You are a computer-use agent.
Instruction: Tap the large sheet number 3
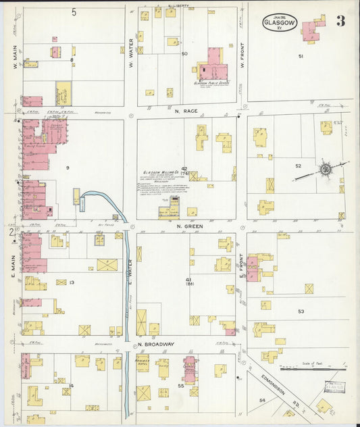click(x=340, y=20)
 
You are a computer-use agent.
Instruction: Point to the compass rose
click(x=325, y=168)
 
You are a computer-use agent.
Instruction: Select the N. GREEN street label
click(x=186, y=226)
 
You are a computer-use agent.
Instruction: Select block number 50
click(x=184, y=53)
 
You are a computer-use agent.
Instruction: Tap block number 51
click(x=301, y=57)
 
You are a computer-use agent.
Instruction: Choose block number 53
click(x=301, y=311)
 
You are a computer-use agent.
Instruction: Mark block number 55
click(x=181, y=385)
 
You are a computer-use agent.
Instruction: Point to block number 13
click(x=71, y=282)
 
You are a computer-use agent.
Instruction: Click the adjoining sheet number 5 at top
click(x=74, y=12)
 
